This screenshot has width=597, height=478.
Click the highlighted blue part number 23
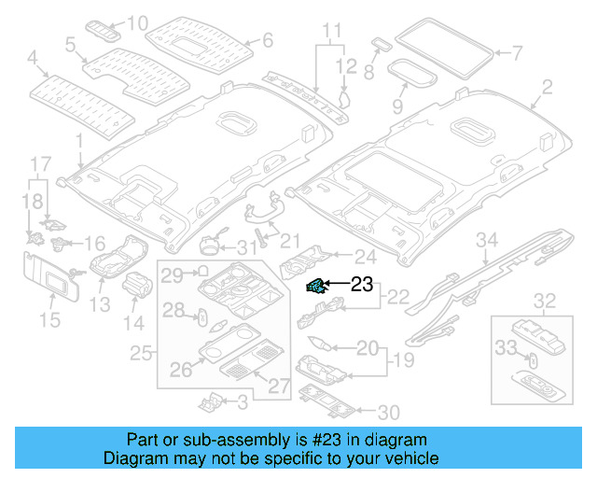317,287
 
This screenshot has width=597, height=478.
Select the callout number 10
137,22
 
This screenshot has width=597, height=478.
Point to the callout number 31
245,247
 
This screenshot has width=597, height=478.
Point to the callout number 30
387,411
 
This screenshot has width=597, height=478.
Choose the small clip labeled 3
211,402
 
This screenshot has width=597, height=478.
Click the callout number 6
267,40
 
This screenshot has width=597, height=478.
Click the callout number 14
135,324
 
